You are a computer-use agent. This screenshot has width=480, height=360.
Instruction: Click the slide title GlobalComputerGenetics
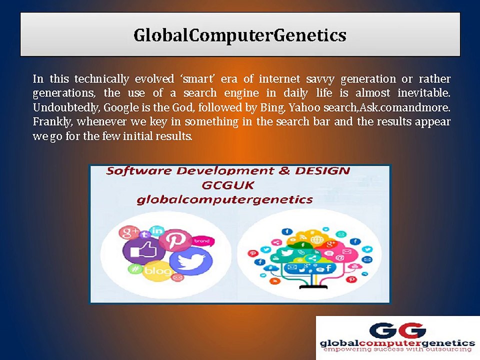(x=239, y=35)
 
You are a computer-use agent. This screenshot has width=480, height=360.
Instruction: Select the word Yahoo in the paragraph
(x=304, y=107)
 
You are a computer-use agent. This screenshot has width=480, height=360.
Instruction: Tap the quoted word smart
(x=198, y=79)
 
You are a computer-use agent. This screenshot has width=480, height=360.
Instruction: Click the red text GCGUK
(x=228, y=185)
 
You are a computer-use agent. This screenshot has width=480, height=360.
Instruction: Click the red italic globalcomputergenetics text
(x=224, y=200)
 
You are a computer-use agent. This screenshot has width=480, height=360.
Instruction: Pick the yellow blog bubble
(x=157, y=271)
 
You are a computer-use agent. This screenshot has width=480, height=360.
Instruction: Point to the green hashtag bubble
(x=134, y=269)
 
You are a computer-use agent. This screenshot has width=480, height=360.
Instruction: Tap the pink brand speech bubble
(x=202, y=241)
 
